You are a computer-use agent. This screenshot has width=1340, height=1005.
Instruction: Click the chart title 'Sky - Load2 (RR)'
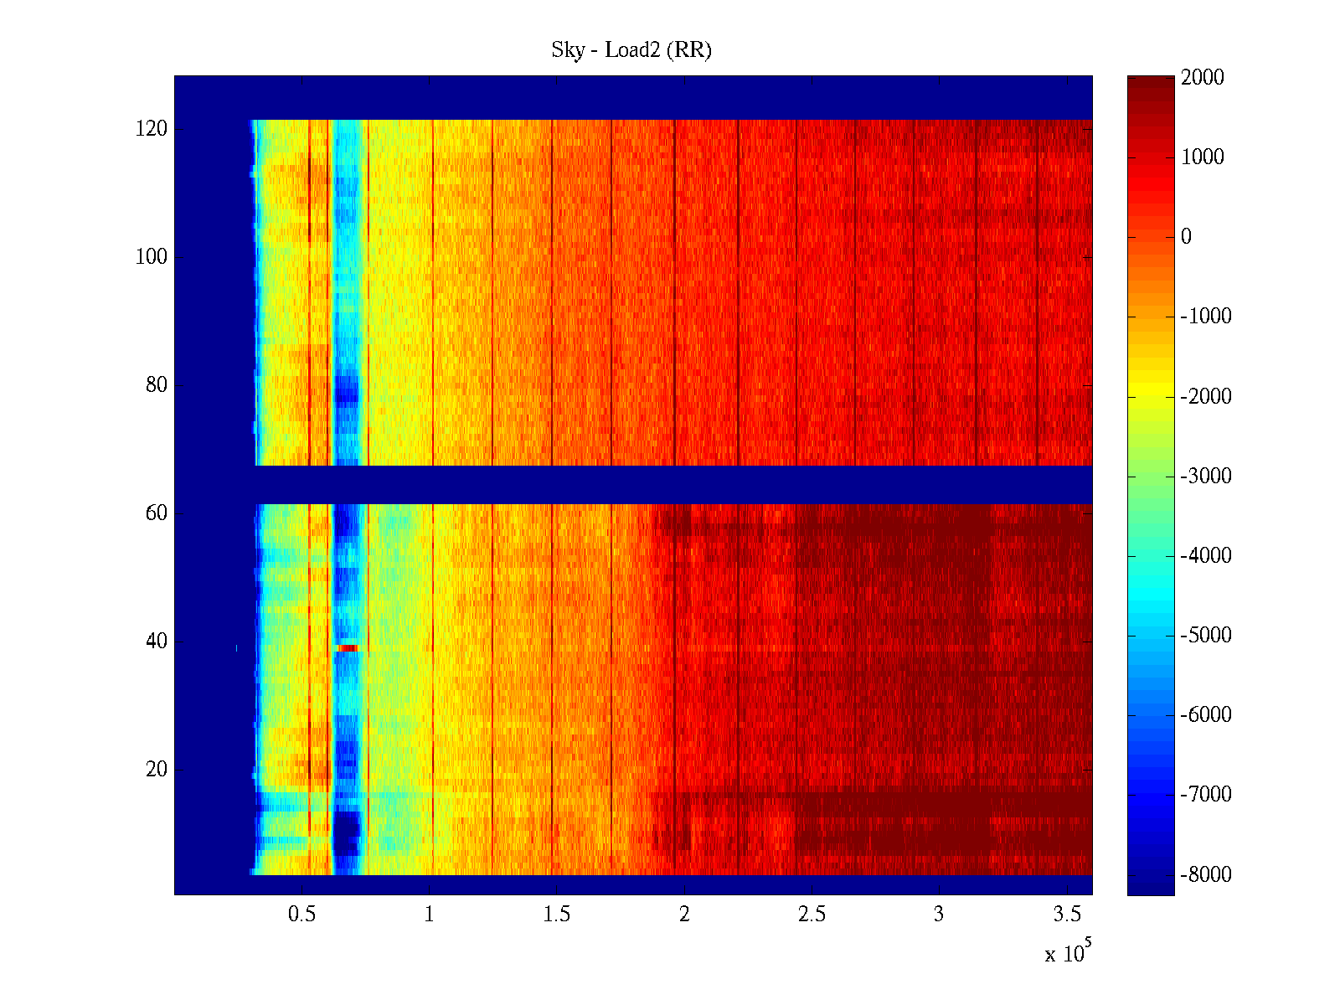point(631,50)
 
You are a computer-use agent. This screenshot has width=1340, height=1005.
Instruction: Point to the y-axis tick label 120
point(151,129)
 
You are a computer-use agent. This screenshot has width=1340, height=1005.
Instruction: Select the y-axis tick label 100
point(151,257)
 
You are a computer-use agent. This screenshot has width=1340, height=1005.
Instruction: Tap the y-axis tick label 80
point(157,385)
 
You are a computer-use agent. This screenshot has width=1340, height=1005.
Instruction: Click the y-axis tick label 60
point(157,513)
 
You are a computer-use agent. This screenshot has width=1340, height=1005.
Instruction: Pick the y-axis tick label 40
point(157,642)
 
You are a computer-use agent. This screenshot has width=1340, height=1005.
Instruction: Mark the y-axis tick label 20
point(157,770)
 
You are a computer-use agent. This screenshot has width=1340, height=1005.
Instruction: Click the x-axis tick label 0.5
point(302,915)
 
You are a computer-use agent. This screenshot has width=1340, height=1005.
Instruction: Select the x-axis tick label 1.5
point(557,915)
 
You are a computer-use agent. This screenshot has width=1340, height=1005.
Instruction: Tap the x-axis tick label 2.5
point(812,915)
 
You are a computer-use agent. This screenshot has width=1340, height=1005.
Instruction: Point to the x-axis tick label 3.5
point(1066,915)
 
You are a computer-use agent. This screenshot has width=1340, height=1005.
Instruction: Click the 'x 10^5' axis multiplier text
point(1068,953)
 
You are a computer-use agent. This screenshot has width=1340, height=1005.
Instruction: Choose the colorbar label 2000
point(1202,78)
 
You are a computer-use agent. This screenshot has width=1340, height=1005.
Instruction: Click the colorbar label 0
point(1186,237)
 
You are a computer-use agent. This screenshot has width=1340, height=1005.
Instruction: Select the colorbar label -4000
point(1206,555)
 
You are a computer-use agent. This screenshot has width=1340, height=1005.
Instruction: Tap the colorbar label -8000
point(1206,874)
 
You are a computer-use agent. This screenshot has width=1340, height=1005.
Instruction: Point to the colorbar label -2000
point(1206,396)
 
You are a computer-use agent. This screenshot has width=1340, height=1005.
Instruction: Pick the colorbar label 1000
point(1202,157)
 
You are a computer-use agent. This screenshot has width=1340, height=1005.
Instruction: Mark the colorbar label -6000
point(1206,714)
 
